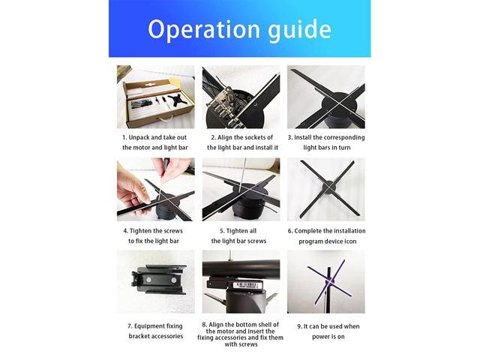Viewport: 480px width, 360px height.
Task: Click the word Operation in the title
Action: [x=204, y=29]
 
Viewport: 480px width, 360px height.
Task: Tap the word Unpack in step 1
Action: [x=139, y=137]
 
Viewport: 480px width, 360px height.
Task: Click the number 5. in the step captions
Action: [x=222, y=231]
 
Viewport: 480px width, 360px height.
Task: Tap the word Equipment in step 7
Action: [x=150, y=326]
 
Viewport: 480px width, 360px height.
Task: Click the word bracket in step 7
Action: [x=139, y=336]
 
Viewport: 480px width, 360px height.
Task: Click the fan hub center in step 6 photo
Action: [x=327, y=187]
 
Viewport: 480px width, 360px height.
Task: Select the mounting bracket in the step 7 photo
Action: [x=159, y=280]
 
